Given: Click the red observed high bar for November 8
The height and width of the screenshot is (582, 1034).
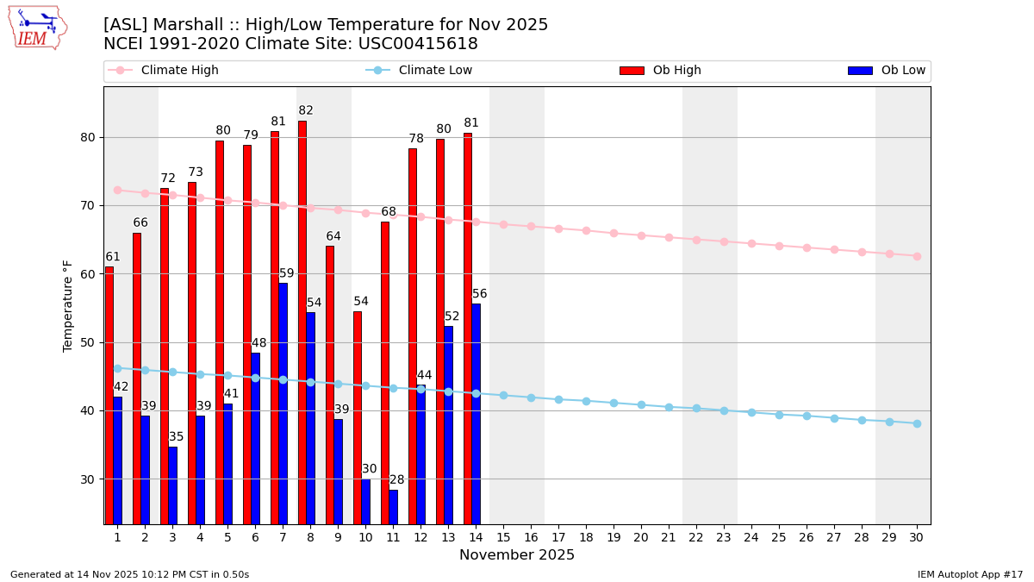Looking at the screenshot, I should tap(302, 319).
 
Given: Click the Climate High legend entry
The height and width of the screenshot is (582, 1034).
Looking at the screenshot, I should tap(179, 71).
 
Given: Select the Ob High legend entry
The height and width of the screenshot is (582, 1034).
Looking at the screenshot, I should tap(676, 71).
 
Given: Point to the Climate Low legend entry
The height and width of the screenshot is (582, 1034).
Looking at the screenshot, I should tap(435, 71).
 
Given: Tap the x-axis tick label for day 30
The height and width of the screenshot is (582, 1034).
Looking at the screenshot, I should tap(916, 537).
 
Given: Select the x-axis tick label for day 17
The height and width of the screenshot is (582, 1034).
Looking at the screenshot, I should tap(558, 537).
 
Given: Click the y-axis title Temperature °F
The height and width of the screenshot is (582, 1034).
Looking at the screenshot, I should tap(68, 305).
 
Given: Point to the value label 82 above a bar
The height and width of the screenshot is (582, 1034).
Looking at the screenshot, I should tap(306, 110).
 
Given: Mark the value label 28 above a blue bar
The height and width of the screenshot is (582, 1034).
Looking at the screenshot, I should tap(396, 480).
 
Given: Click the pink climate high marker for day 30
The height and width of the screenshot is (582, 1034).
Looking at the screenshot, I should tap(917, 256).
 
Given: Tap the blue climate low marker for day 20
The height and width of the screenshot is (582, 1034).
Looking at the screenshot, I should tap(641, 404).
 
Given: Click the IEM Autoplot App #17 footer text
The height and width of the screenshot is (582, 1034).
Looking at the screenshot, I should tap(969, 574).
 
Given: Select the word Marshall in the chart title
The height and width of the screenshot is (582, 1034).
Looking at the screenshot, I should tap(184, 25).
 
